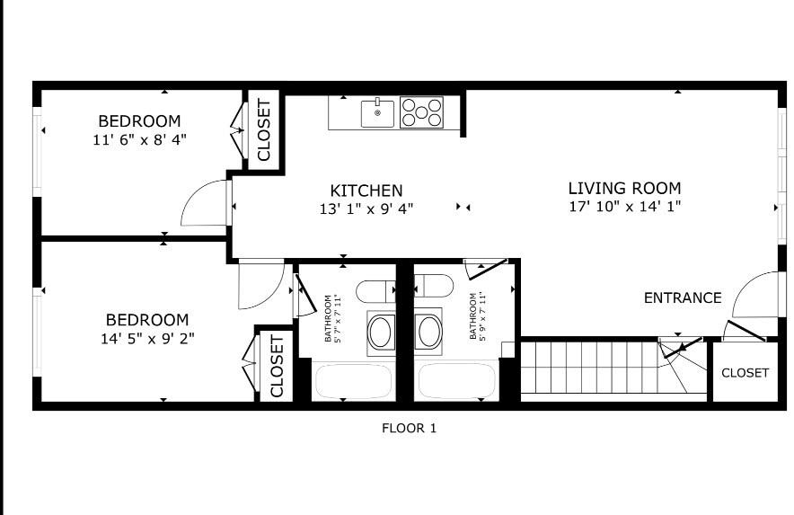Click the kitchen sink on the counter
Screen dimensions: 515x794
[378, 113]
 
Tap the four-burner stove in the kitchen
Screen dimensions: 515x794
[421, 112]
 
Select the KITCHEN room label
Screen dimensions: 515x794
[366, 191]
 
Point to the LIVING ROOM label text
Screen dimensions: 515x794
[624, 188]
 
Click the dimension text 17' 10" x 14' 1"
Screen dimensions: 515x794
[624, 207]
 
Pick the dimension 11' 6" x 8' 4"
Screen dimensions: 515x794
[139, 139]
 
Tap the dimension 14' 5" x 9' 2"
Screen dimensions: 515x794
[147, 338]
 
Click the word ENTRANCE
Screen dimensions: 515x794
[683, 297]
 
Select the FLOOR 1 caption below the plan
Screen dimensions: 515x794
[409, 428]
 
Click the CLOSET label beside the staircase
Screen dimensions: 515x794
[745, 372]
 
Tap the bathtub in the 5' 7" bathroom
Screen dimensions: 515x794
[353, 381]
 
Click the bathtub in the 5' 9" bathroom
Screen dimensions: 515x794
[458, 381]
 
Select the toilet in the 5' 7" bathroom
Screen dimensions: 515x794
[375, 291]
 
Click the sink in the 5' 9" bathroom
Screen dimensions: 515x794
[428, 332]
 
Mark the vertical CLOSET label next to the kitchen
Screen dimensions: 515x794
[264, 130]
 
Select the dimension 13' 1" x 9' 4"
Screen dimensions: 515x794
[366, 209]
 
